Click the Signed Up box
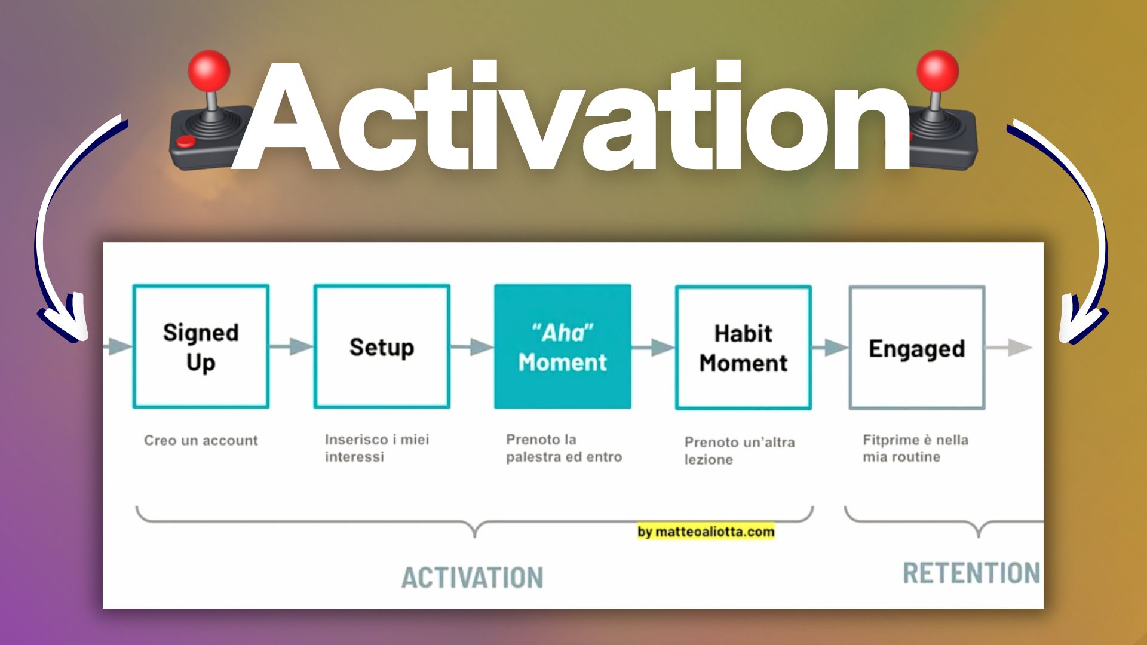coord(201,347)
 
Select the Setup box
coord(382,347)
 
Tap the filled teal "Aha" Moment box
coord(562,347)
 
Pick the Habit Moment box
coord(743,348)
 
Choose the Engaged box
coord(916,348)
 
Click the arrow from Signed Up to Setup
coord(292,346)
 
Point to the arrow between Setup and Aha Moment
coord(472,346)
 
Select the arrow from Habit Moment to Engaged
coord(829,347)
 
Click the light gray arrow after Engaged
coord(1009,347)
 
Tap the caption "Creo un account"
coord(201,441)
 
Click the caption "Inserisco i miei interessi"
coord(376,448)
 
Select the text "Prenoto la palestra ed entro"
coord(563,448)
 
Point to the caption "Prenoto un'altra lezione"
coord(739,450)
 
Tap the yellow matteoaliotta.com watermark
coord(706,532)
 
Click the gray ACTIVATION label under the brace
coord(472,578)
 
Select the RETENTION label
coord(971,573)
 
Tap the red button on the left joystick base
coord(186,142)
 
